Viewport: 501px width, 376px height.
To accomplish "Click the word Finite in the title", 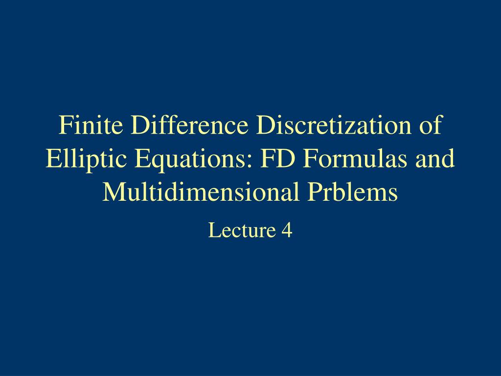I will point(91,126).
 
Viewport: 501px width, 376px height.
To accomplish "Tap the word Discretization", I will point(335,126).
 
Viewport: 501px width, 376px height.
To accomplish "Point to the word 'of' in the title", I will point(431,126).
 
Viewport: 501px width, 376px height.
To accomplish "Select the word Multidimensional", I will point(201,192).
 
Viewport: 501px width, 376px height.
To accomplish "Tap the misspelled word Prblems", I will point(353,192).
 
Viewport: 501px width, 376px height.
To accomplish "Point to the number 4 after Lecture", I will point(287,230).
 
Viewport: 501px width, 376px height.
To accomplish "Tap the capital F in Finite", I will point(65,126).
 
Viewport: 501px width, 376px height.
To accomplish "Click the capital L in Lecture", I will point(213,230).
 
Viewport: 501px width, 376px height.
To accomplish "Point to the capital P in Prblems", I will point(314,192).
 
